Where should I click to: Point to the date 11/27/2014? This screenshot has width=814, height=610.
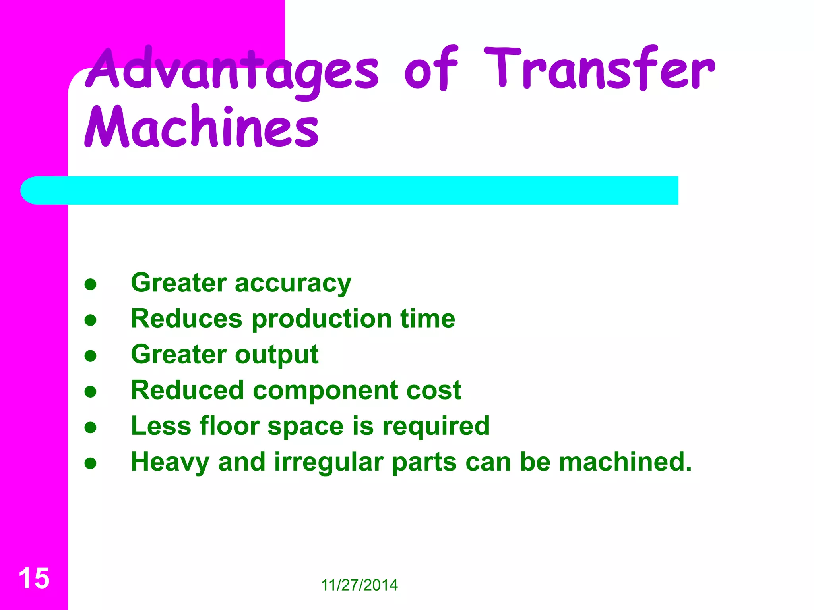(x=359, y=585)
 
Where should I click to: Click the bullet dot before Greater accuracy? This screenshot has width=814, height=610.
(x=91, y=284)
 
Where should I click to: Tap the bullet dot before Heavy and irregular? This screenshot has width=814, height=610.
(x=91, y=463)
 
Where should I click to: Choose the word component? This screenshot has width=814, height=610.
(x=326, y=391)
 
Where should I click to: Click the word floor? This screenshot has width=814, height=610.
(x=229, y=426)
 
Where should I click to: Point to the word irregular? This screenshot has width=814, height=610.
(x=328, y=463)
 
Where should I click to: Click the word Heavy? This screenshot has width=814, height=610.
(x=170, y=463)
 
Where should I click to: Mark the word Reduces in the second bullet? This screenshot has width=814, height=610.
(x=186, y=319)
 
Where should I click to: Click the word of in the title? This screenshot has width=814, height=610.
(x=431, y=69)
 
